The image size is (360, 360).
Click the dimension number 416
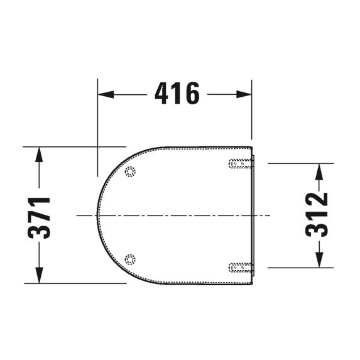(x=177, y=94)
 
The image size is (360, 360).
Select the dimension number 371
(x=40, y=217)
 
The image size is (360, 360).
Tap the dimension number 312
(x=317, y=215)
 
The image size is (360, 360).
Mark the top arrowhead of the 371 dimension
(x=39, y=154)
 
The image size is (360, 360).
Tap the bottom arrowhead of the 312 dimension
(x=319, y=261)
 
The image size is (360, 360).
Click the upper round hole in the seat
(x=130, y=173)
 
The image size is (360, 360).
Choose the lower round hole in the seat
(x=130, y=258)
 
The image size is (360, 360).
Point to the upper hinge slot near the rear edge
(x=242, y=164)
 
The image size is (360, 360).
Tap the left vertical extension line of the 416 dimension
(x=98, y=126)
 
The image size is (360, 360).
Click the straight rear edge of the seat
(x=253, y=215)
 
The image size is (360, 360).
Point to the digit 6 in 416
(x=192, y=94)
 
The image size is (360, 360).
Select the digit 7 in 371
(x=40, y=217)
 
